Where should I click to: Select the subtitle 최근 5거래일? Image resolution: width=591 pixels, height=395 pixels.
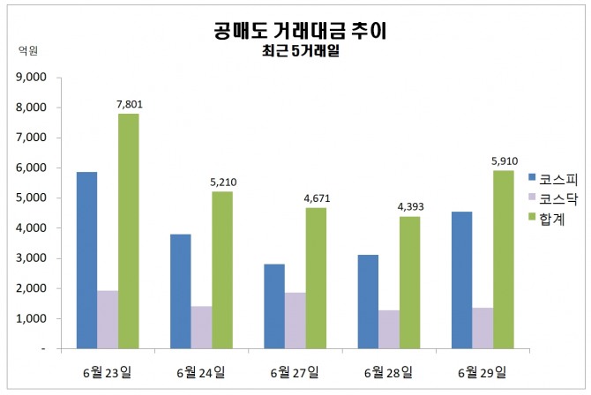click(x=301, y=51)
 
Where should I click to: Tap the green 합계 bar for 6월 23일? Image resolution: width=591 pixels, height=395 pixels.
click(x=129, y=231)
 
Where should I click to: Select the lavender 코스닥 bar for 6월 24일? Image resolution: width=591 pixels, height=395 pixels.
click(x=201, y=327)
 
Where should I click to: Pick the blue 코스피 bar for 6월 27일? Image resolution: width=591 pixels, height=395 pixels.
click(x=274, y=306)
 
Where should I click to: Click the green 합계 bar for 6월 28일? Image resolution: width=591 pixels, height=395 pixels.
click(x=410, y=282)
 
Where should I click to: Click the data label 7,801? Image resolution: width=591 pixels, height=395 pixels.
click(x=129, y=105)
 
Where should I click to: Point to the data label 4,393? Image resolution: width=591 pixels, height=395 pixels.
click(x=410, y=207)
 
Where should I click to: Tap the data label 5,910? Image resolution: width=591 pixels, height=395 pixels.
click(x=505, y=161)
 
